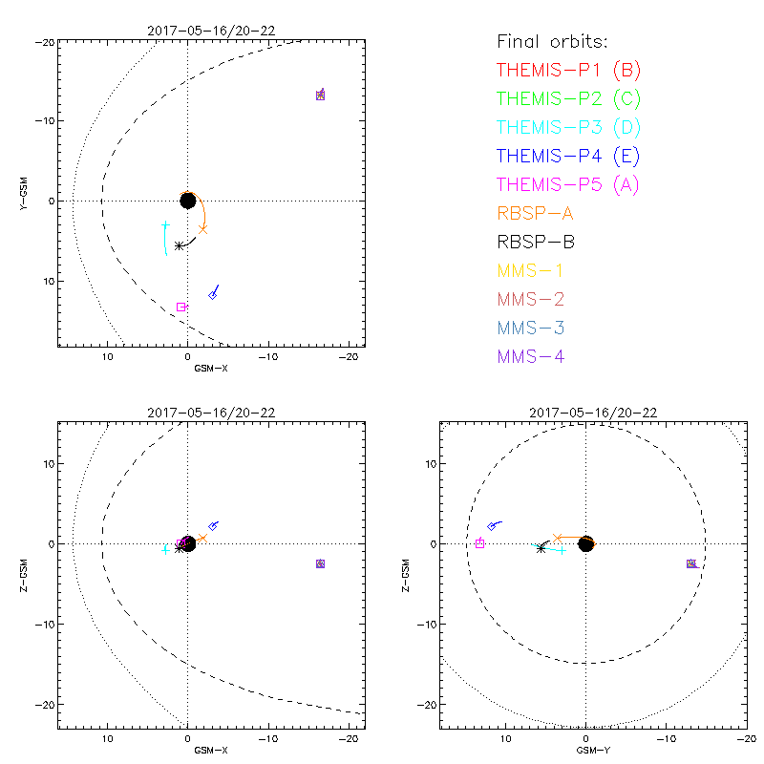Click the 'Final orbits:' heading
[x=553, y=41]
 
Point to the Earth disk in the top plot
[x=188, y=201]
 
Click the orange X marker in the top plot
[x=203, y=229]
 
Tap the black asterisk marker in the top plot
[x=180, y=245]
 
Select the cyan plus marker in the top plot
[x=165, y=225]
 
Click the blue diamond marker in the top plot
[x=213, y=295]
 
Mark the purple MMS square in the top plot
[x=320, y=95]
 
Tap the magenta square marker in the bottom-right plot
[x=479, y=543]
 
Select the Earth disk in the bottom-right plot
[x=585, y=543]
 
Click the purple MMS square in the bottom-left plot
[x=320, y=563]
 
